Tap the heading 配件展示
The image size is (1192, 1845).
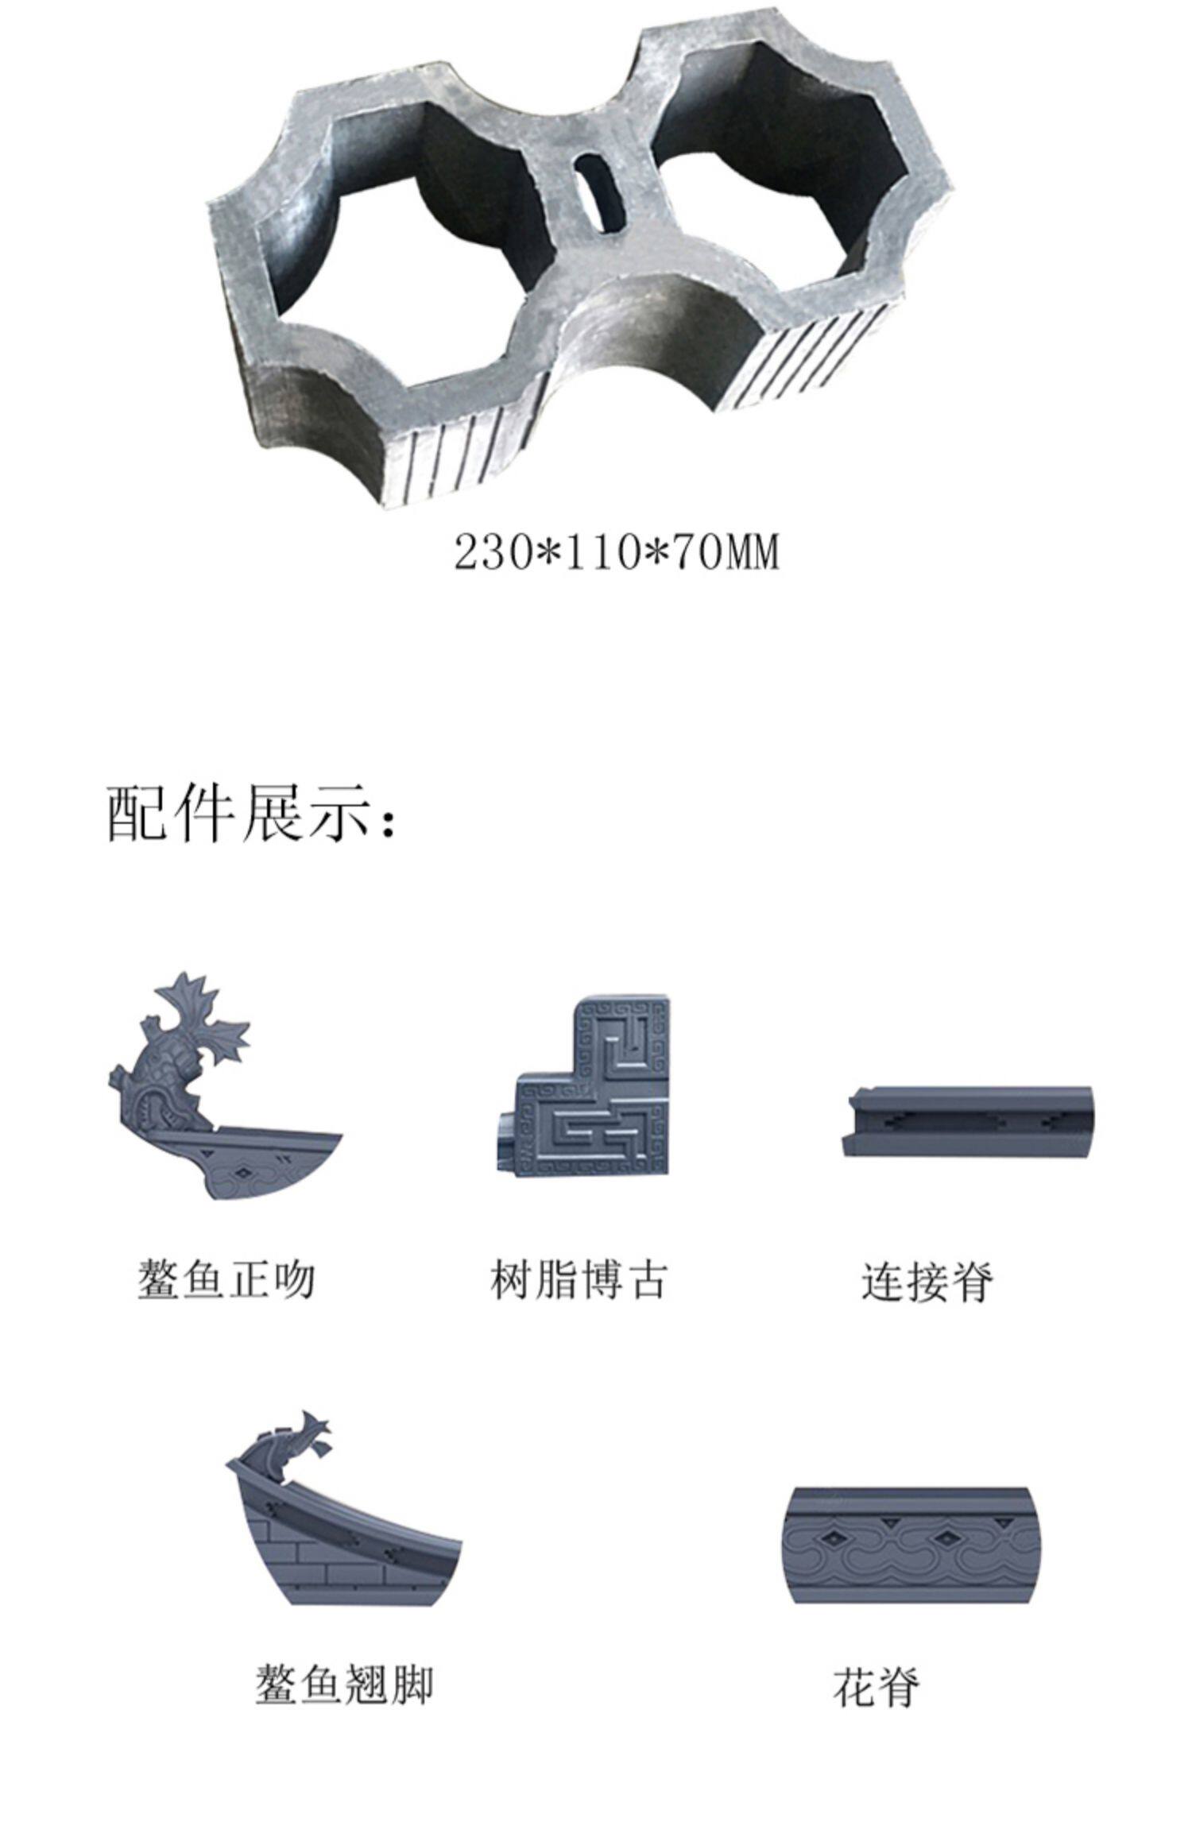[250, 814]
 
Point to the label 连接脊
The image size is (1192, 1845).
[927, 1281]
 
